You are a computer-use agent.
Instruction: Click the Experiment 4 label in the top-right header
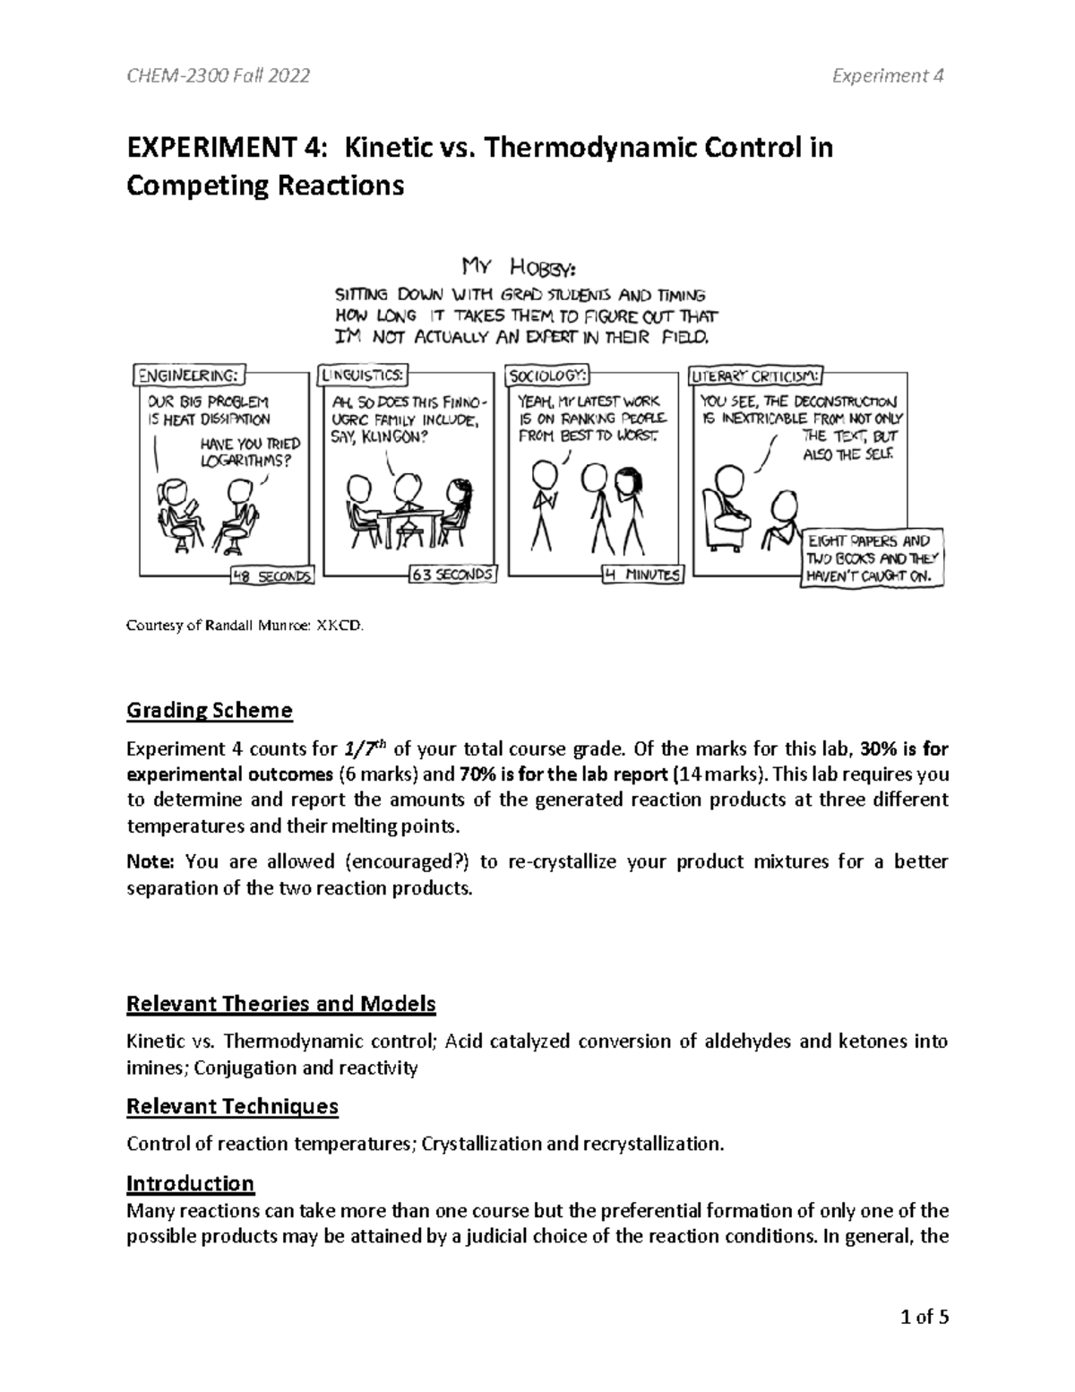pyautogui.click(x=889, y=76)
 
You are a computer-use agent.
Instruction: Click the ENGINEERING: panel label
pyautogui.click(x=189, y=374)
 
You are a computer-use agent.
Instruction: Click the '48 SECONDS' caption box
pyautogui.click(x=271, y=576)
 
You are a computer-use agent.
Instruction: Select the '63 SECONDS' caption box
pyautogui.click(x=452, y=575)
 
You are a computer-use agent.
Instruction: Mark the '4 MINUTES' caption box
pyautogui.click(x=642, y=575)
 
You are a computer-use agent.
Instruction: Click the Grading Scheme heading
pyautogui.click(x=209, y=711)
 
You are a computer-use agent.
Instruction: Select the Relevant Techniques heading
pyautogui.click(x=232, y=1106)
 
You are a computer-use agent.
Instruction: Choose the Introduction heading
pyautogui.click(x=190, y=1183)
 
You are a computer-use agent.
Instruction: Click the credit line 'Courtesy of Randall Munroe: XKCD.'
pyautogui.click(x=245, y=628)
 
